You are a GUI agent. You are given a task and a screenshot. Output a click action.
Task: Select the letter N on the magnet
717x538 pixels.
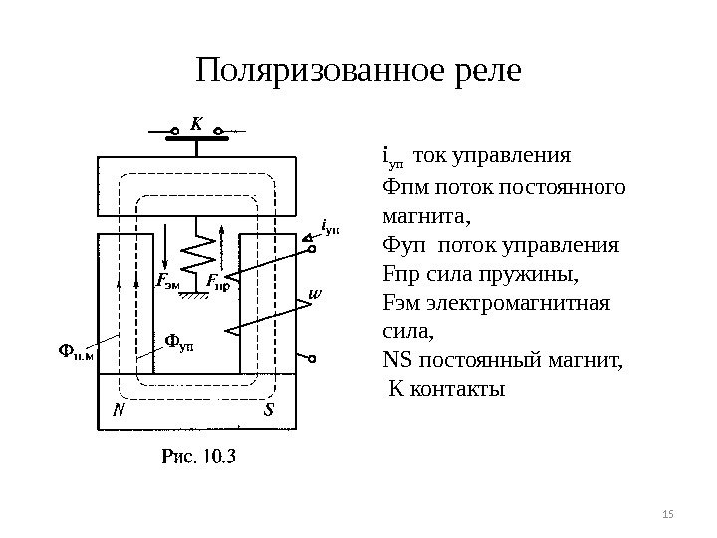119,409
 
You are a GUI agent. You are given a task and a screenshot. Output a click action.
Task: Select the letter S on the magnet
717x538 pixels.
269,409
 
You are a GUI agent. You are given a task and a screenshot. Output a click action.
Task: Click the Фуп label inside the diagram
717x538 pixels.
179,344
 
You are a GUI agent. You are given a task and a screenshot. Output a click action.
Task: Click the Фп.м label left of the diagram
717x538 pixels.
72,350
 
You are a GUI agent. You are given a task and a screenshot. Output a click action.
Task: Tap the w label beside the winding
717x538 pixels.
316,293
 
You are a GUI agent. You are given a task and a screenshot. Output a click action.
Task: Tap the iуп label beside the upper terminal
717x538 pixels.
331,226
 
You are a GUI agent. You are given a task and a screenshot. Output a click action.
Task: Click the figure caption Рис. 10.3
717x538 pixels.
198,458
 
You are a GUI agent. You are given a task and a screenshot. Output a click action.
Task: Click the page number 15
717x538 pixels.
667,513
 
